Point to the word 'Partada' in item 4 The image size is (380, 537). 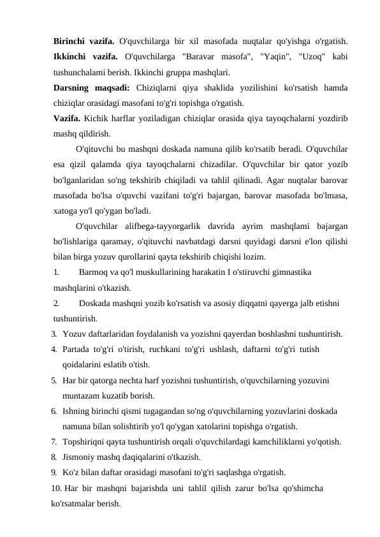(x=77, y=349)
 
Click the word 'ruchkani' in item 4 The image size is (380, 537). (x=163, y=349)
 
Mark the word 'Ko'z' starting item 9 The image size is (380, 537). (x=71, y=473)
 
